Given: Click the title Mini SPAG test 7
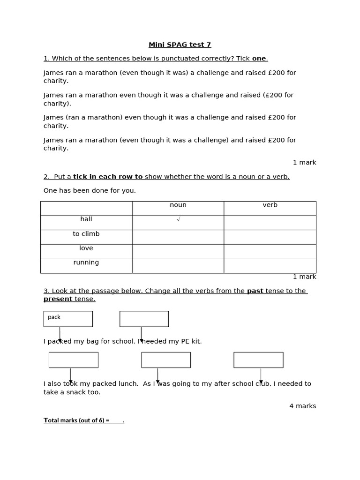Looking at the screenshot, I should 180,45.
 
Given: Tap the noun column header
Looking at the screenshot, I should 178,205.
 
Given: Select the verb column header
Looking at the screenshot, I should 270,205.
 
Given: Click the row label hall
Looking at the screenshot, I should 86,219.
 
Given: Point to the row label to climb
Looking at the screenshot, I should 86,234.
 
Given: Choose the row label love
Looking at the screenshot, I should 86,248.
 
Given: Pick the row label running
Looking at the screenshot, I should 86,263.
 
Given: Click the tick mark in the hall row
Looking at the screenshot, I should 178,219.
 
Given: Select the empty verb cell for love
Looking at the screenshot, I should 270,252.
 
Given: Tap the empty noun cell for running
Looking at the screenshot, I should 178,266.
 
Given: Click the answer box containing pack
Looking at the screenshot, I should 68,319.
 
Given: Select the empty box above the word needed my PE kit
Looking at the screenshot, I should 144,319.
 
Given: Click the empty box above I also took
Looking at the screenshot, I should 73,360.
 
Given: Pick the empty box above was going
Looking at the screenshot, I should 166,360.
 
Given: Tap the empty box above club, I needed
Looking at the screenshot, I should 258,360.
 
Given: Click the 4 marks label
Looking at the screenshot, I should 302,406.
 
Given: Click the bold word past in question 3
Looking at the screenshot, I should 255,291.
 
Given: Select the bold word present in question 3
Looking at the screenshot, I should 58,299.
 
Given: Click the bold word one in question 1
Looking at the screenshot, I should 259,59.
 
